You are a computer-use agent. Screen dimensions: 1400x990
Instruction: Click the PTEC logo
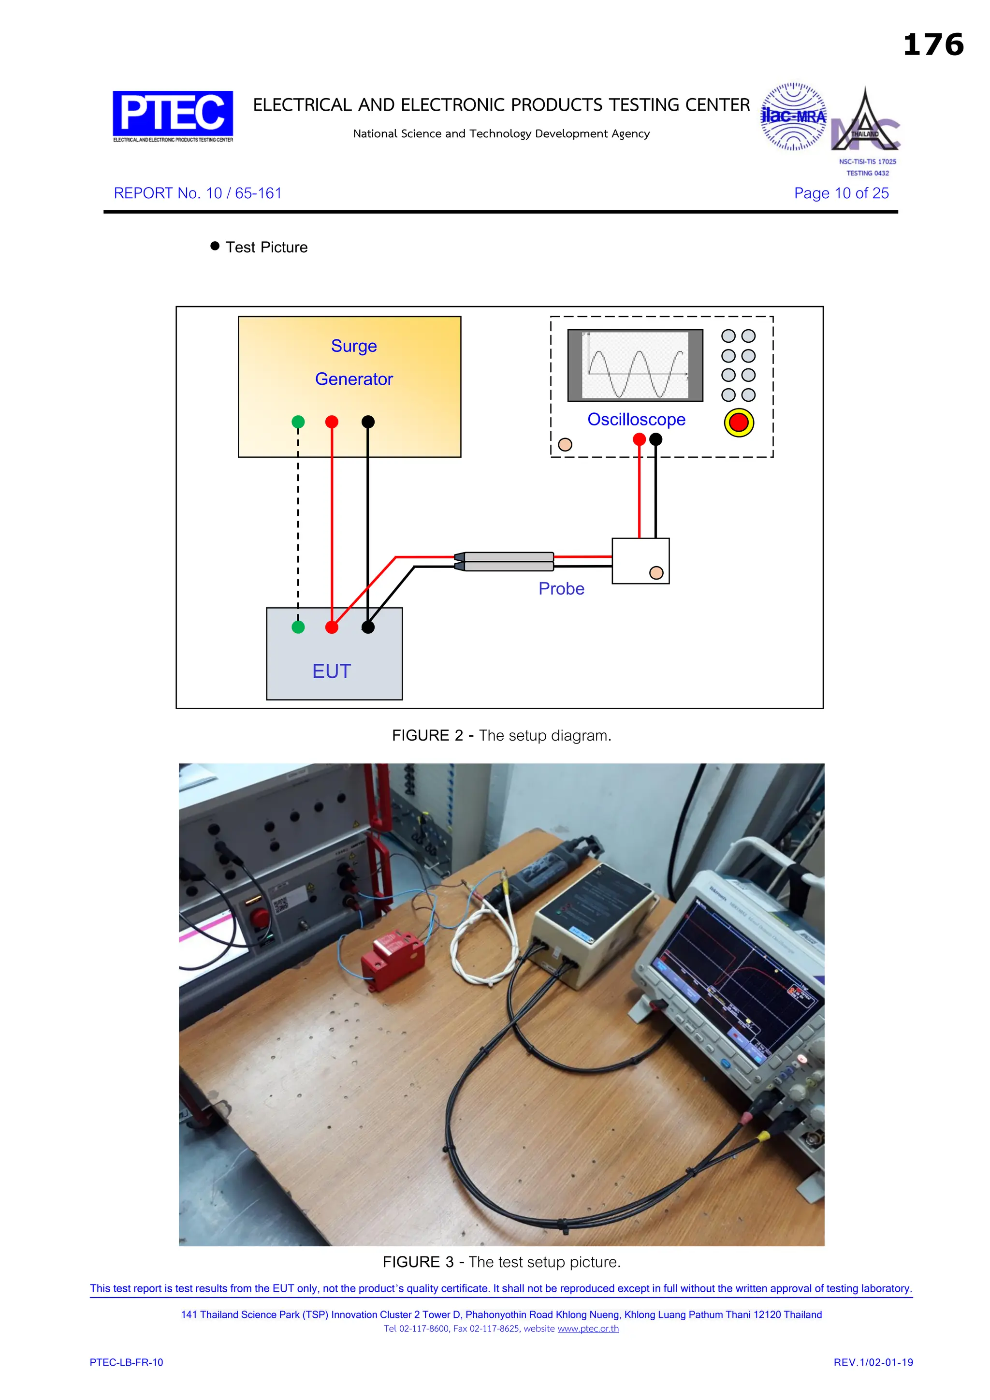coord(173,114)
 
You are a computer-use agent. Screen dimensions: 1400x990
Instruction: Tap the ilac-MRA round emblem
coord(793,117)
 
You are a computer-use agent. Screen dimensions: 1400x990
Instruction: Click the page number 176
coord(932,44)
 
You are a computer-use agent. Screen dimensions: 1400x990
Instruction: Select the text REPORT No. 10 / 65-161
coord(198,193)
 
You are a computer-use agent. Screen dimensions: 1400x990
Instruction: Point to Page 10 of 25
coord(841,193)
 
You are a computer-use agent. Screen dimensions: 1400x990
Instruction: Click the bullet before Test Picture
coord(215,247)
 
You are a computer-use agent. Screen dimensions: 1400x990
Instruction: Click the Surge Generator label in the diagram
coord(353,362)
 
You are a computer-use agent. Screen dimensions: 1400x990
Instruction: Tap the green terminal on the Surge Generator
coord(298,422)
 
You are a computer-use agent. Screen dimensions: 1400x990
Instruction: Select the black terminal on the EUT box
coord(368,627)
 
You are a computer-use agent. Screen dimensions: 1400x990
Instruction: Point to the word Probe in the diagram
coord(561,588)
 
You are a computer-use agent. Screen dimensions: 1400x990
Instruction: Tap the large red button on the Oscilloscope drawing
coord(739,423)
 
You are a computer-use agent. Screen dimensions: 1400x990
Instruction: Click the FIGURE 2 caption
coord(501,735)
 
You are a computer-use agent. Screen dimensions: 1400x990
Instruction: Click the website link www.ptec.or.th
coord(588,1328)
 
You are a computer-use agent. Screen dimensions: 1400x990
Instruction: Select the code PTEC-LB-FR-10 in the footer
coord(126,1363)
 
